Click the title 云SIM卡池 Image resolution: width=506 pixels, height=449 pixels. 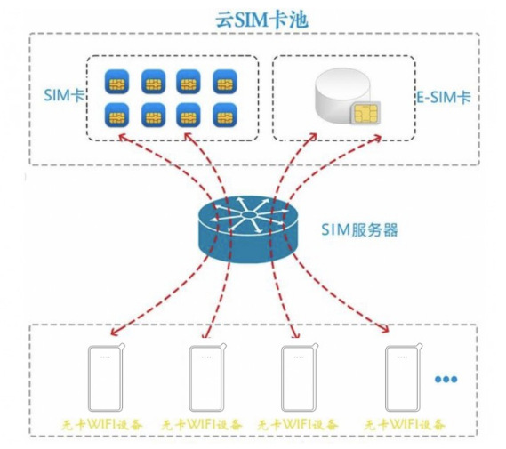(261, 20)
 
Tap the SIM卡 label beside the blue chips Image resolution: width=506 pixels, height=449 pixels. (64, 95)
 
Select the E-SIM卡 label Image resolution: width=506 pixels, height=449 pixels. (444, 97)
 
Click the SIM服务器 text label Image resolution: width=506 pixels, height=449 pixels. (359, 230)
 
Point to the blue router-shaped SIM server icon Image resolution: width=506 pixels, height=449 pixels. (247, 229)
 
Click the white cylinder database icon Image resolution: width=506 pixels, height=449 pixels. (342, 94)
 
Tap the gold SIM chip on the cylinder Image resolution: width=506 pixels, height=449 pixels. (366, 113)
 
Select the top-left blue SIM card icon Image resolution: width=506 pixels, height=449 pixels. (116, 82)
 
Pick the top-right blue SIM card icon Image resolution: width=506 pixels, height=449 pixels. (225, 82)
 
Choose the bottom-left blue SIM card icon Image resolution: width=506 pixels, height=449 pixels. (116, 116)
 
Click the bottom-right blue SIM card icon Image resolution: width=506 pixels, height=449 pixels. (225, 116)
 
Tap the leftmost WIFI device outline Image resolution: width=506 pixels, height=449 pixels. (106, 378)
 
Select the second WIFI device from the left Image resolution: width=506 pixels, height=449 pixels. (207, 378)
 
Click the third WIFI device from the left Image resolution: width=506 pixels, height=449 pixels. (300, 378)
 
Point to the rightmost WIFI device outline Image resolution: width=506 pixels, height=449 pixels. (404, 378)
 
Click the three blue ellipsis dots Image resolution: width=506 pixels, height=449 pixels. (446, 379)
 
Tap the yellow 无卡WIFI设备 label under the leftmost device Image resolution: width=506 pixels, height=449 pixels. (102, 425)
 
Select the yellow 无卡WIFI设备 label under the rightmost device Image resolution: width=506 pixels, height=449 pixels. (405, 425)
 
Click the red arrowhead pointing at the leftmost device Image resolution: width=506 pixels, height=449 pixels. (115, 331)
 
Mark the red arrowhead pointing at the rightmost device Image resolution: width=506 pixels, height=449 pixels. (384, 328)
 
